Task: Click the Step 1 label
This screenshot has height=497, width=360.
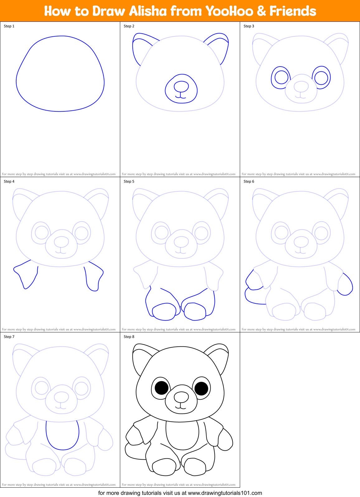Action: tap(9, 26)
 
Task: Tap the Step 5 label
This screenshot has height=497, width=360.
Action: tap(129, 181)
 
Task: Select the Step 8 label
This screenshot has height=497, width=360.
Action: tap(129, 337)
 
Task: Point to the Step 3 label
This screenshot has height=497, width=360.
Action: tap(249, 26)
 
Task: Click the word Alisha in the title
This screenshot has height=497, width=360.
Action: tap(148, 11)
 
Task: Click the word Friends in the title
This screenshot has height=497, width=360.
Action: tap(293, 11)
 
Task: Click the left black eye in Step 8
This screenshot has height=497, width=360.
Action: tap(162, 388)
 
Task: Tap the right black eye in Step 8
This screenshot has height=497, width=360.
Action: tap(201, 388)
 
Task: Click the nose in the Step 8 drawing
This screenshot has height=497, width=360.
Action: tap(181, 397)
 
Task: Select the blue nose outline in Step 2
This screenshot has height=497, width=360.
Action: tap(181, 87)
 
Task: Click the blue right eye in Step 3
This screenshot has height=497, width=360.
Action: tap(321, 77)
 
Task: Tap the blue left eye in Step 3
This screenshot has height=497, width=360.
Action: tap(281, 77)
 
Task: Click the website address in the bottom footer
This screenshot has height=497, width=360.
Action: tap(225, 493)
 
